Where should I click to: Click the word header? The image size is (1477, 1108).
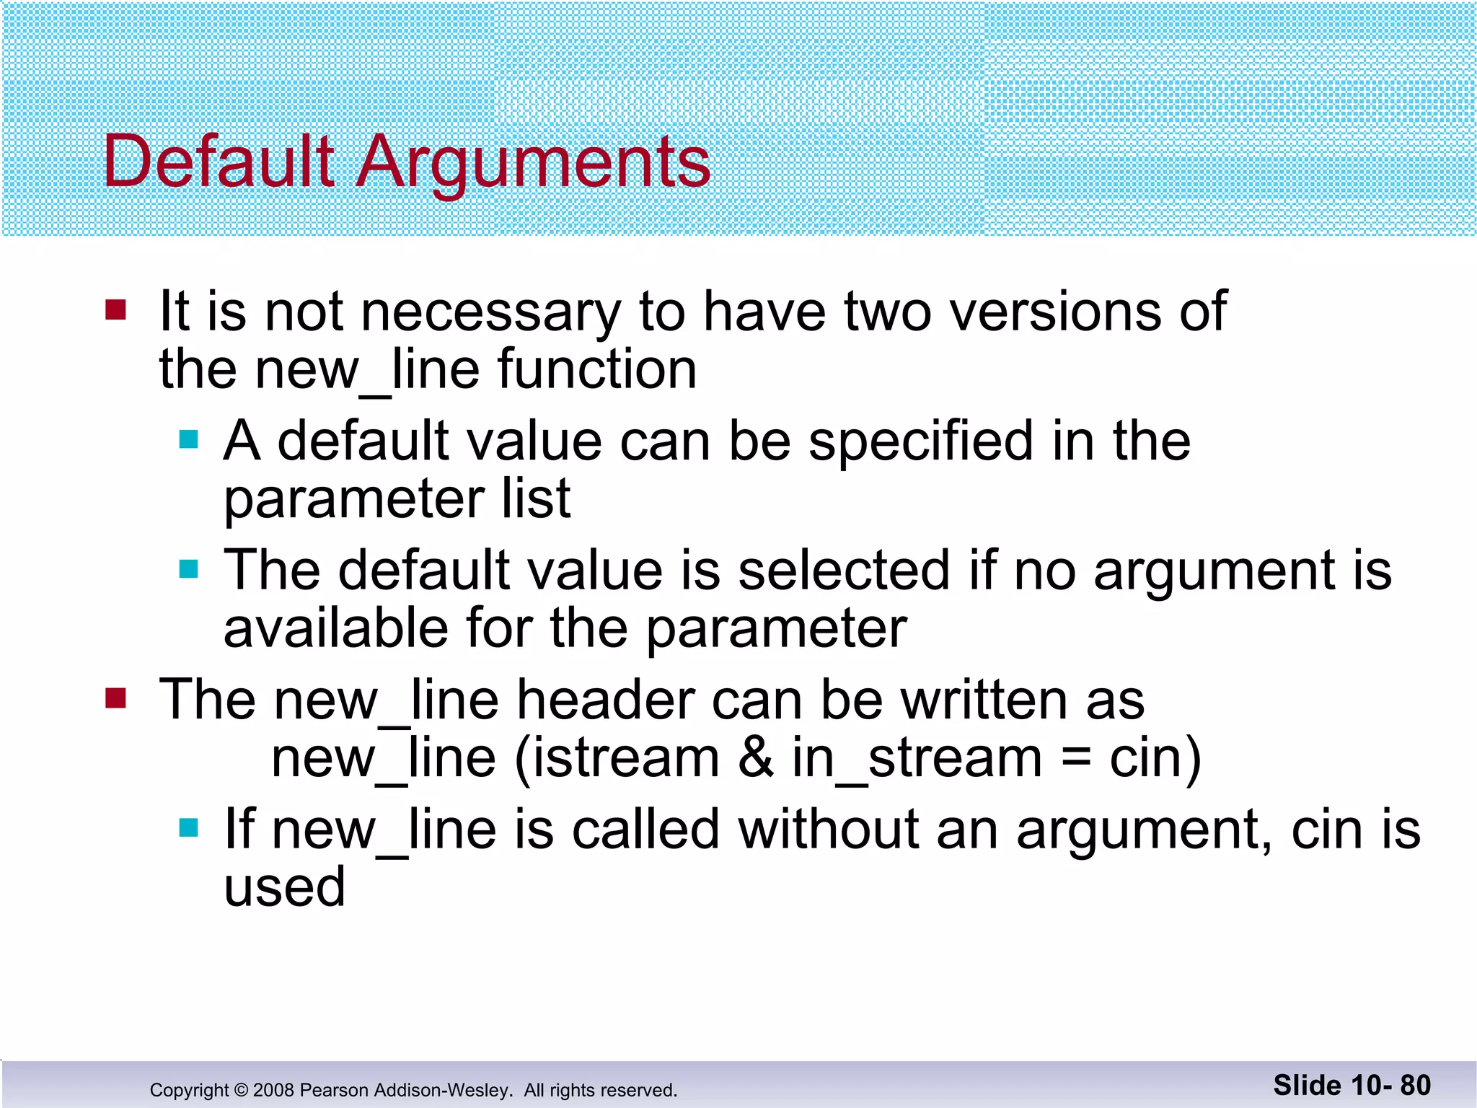[x=607, y=700]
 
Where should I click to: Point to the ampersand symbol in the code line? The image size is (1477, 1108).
[x=755, y=758]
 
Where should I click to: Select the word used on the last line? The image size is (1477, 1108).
[x=285, y=887]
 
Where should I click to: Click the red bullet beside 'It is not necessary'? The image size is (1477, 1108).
[x=115, y=310]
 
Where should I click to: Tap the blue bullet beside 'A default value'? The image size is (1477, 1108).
[x=188, y=439]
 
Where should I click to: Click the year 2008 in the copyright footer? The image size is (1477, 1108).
[x=273, y=1090]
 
